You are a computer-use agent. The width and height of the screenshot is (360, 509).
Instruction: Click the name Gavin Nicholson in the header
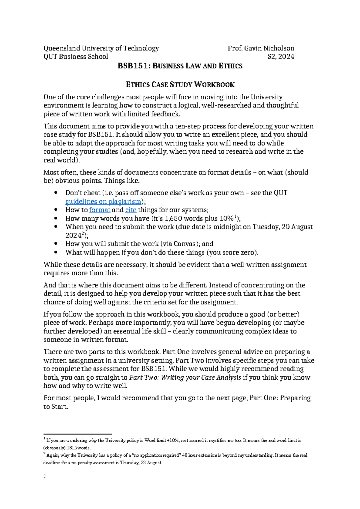pos(269,48)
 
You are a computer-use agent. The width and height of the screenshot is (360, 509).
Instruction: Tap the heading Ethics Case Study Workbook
pos(180,85)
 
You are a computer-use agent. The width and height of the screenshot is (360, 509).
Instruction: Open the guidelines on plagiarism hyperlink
pos(103,202)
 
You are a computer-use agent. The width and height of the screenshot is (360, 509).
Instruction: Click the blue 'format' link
pos(100,210)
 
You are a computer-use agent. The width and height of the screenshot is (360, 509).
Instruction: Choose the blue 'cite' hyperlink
pos(131,210)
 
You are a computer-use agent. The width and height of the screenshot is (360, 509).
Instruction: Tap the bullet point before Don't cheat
pos(55,193)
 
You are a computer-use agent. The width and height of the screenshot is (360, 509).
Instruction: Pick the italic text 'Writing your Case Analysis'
pos(201,378)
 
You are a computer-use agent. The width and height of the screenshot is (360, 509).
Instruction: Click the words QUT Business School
pos(76,57)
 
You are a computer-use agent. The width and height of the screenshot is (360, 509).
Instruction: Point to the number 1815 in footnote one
pos(72,448)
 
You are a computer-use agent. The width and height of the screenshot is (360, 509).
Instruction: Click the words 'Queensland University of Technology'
pos(101,48)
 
